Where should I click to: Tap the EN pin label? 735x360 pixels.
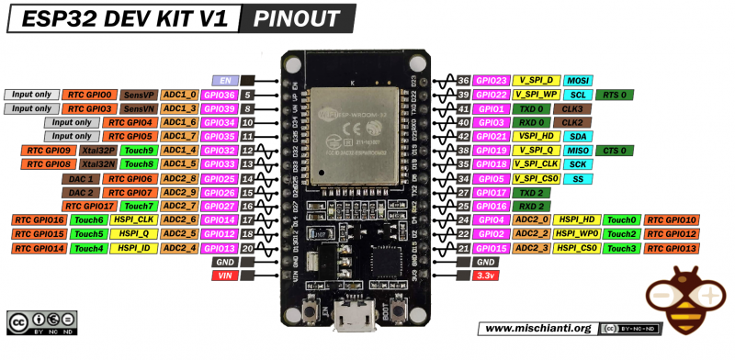[225, 81]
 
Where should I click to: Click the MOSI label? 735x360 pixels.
[579, 81]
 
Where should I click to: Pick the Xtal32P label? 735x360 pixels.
[96, 150]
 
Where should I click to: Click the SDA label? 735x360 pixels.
[579, 136]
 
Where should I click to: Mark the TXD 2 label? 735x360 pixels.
[533, 193]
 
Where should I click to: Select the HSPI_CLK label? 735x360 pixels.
[131, 220]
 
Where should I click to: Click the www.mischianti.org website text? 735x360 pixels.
[536, 329]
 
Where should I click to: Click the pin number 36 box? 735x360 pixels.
[464, 81]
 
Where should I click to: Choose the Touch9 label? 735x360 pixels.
[139, 150]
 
